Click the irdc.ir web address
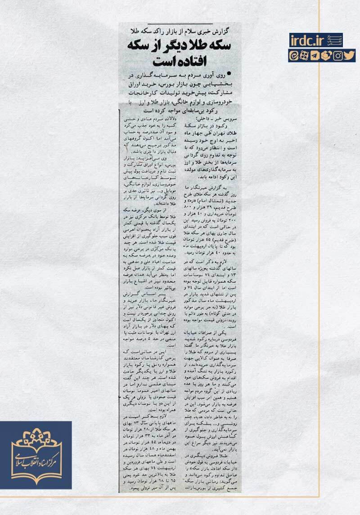(307, 41)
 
